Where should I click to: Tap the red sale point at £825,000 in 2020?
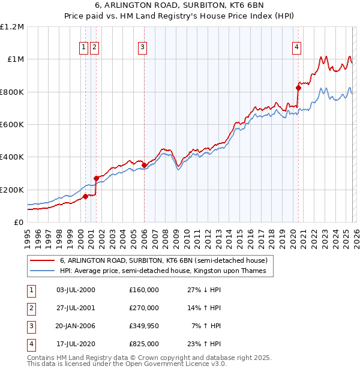(298, 88)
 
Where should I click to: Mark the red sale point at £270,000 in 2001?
(96, 178)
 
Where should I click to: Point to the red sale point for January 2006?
(144, 165)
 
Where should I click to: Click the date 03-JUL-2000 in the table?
(75, 290)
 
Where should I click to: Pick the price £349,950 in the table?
(143, 326)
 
